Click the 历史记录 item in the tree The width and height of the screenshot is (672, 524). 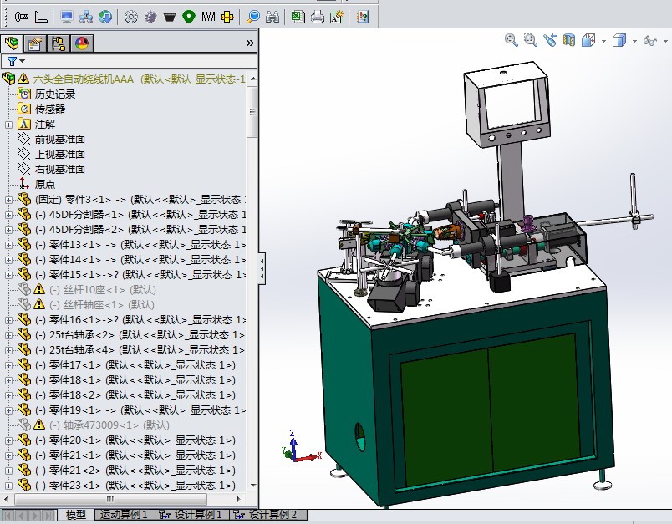[54, 94]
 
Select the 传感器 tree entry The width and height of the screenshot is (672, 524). [49, 109]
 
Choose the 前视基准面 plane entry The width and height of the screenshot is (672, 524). [59, 140]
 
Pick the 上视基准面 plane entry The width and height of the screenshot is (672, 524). [59, 155]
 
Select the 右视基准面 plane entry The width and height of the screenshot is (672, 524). [59, 170]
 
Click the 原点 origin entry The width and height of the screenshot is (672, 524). [45, 185]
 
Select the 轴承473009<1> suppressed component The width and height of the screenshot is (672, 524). [101, 425]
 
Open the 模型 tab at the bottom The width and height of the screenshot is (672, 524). [76, 515]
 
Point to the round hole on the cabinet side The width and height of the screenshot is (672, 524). [360, 434]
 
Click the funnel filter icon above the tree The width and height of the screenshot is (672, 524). [12, 61]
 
